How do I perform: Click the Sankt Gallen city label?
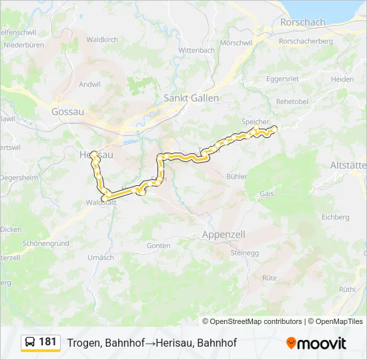(x=191, y=98)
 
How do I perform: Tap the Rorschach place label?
(x=303, y=22)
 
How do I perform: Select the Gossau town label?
(x=67, y=112)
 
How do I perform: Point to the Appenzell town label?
(x=224, y=235)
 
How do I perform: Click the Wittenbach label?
(x=196, y=50)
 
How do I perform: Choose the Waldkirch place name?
(x=102, y=39)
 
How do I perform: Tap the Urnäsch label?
(x=101, y=257)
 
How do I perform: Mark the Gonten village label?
(x=159, y=245)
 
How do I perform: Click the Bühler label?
(x=237, y=177)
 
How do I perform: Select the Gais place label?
(x=267, y=193)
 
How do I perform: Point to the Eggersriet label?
(x=282, y=79)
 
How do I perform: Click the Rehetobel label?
(x=292, y=101)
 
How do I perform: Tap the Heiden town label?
(x=342, y=79)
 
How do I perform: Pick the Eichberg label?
(x=335, y=217)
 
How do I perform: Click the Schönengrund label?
(x=45, y=243)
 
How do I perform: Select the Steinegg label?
(x=244, y=253)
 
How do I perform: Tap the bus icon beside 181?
(x=31, y=342)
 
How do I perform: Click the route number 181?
(x=47, y=342)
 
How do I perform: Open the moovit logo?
(x=316, y=343)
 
